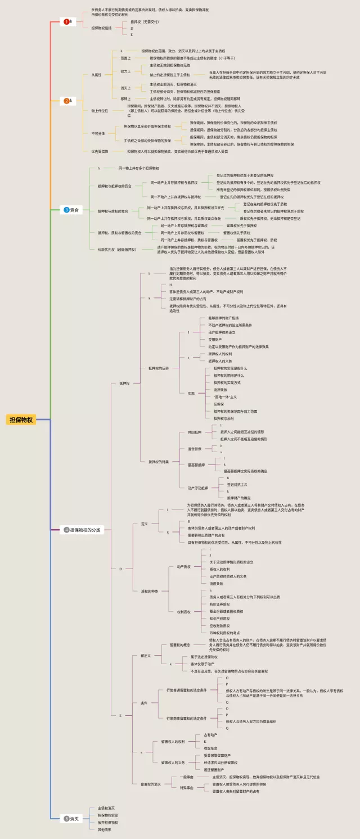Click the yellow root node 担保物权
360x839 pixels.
[21, 420]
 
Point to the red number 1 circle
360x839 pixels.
[66, 21]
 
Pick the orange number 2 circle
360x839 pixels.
[66, 101]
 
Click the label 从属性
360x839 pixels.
[96, 75]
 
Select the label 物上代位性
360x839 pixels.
[100, 111]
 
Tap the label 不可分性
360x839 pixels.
[98, 133]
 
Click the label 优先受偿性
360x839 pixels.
[100, 151]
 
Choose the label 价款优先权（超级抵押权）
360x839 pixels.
[117, 249]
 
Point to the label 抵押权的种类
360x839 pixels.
[158, 462]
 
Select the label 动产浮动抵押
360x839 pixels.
[197, 488]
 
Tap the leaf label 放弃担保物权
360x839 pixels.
[108, 822]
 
